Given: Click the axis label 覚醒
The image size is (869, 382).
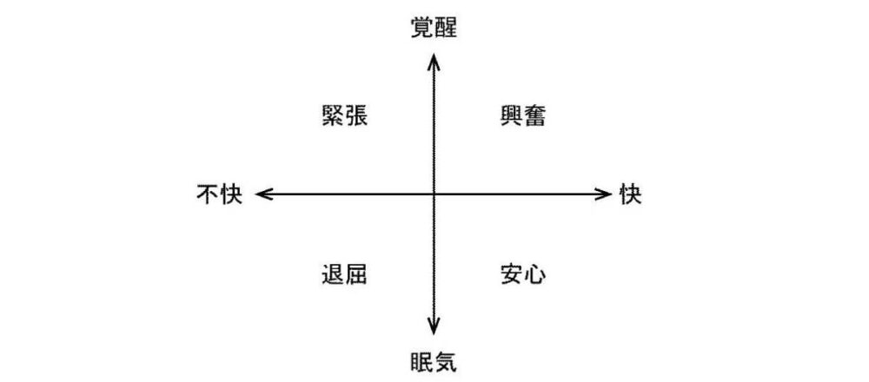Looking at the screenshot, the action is pyautogui.click(x=434, y=28).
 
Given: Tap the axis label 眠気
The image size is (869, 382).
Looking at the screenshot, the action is pyautogui.click(x=434, y=362).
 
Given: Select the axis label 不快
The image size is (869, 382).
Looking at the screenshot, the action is pyautogui.click(x=220, y=194).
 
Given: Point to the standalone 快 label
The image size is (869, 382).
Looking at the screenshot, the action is pyautogui.click(x=631, y=194).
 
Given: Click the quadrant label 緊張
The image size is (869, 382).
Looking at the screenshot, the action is pyautogui.click(x=345, y=116).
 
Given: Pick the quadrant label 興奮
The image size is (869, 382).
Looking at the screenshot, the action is pyautogui.click(x=523, y=116).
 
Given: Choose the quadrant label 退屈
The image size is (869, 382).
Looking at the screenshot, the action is pyautogui.click(x=345, y=274).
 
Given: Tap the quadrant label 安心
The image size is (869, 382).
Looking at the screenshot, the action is pyautogui.click(x=523, y=274).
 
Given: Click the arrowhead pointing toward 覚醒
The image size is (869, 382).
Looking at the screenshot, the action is pyautogui.click(x=434, y=60).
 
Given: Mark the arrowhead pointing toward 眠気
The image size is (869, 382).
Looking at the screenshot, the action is pyautogui.click(x=434, y=327).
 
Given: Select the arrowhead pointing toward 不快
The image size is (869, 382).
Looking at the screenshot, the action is pyautogui.click(x=262, y=194).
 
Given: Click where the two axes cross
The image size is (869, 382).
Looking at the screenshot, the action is pyautogui.click(x=434, y=194).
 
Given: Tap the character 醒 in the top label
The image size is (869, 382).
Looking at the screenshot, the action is pyautogui.click(x=446, y=28).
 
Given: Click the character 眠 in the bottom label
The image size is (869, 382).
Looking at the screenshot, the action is pyautogui.click(x=422, y=362).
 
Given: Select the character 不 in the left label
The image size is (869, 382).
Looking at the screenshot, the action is pyautogui.click(x=208, y=194).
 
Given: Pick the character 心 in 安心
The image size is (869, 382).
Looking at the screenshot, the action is pyautogui.click(x=534, y=274).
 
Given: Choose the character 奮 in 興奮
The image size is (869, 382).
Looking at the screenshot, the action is pyautogui.click(x=534, y=116).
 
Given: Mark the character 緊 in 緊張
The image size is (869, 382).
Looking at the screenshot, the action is pyautogui.click(x=333, y=116).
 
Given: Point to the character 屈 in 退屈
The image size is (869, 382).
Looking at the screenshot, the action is pyautogui.click(x=356, y=274).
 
